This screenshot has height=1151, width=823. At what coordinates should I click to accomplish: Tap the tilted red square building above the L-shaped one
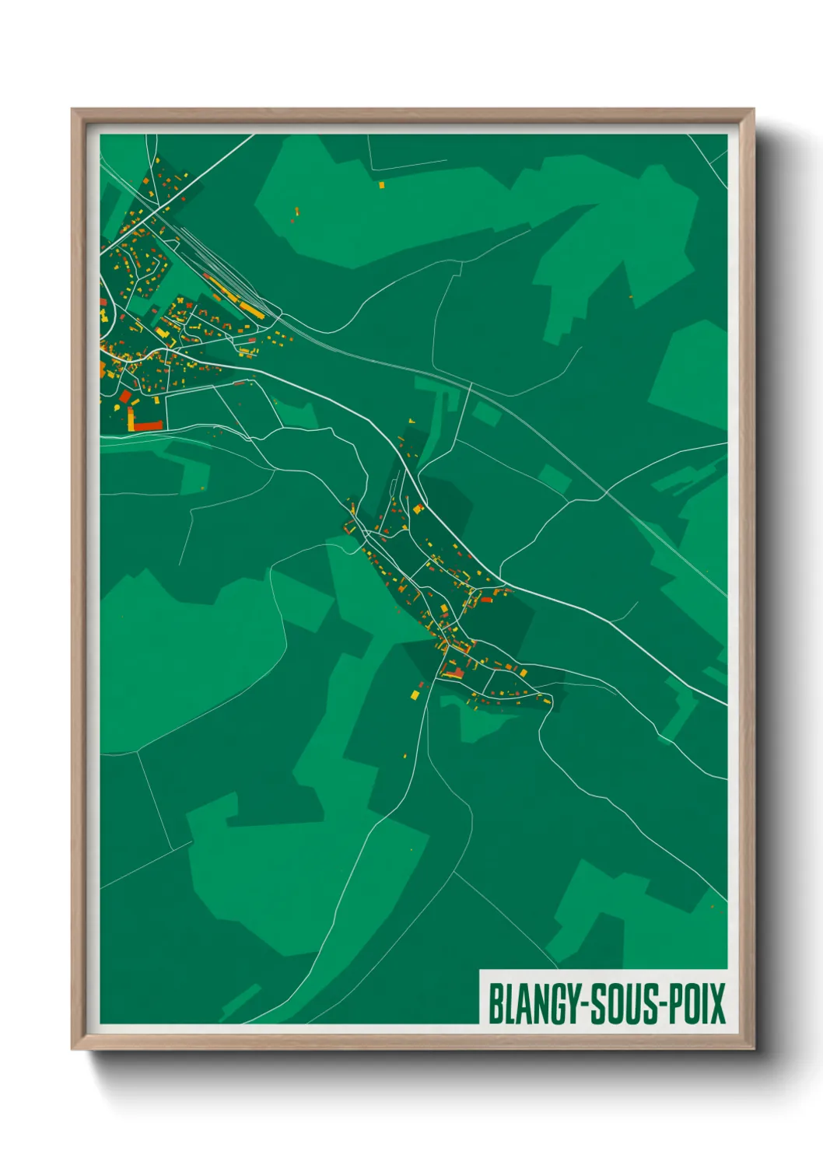point(125,397)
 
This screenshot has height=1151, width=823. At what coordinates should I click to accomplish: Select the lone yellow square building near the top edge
point(381,185)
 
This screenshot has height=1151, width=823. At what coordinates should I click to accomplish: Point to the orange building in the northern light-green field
point(297,210)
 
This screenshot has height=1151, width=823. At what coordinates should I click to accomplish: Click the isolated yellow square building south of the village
point(415,693)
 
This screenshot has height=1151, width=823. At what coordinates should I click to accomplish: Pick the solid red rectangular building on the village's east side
point(487,600)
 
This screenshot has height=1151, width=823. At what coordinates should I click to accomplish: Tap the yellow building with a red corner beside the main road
point(418,509)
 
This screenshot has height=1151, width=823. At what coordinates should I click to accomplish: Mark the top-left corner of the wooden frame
point(72,110)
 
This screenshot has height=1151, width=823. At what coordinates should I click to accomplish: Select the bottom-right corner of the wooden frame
point(754,1049)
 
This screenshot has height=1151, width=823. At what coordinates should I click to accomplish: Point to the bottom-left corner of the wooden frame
point(72,1049)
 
